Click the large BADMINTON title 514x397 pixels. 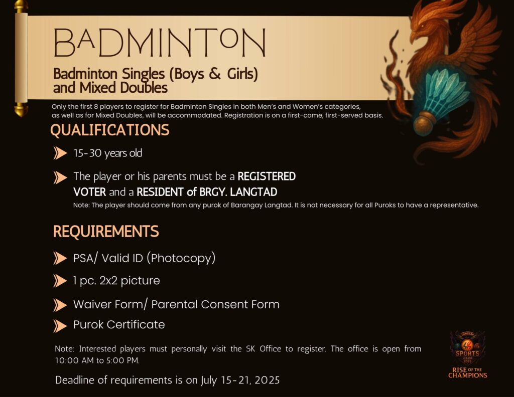[160, 43]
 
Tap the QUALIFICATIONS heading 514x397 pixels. [110, 130]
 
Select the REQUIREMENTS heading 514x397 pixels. [106, 232]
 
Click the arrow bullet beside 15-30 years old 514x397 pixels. [60, 153]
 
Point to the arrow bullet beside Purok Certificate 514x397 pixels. [60, 326]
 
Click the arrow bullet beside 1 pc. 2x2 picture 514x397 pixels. [60, 281]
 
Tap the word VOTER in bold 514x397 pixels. [90, 192]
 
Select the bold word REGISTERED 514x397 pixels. [267, 176]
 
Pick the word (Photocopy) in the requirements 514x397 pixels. [181, 258]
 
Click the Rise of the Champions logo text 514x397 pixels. [467, 372]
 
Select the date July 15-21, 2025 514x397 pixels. [240, 380]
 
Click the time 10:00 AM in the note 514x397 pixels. [74, 360]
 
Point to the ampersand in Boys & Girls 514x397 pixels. [215, 74]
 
